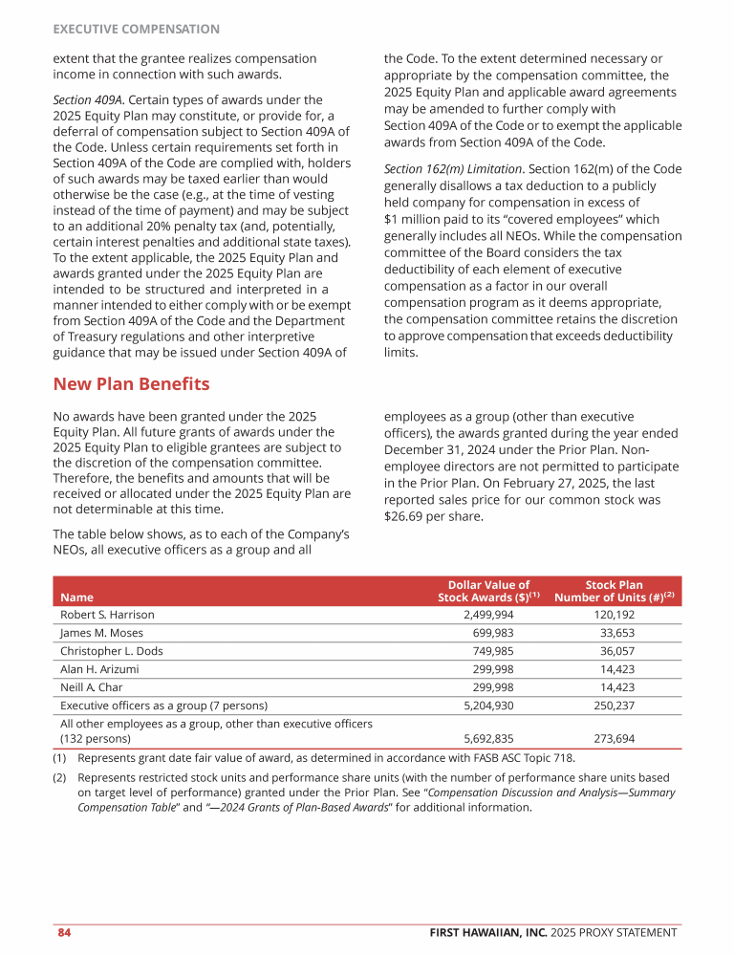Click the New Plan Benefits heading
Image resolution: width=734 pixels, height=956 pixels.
coord(131,384)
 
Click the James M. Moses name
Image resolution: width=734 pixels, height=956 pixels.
coord(100,633)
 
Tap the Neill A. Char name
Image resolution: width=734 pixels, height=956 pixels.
coord(91,687)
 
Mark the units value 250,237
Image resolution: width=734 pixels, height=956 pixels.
coord(612,706)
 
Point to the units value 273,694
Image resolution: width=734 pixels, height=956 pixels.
coord(612,739)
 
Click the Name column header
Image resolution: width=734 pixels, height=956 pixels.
coord(77,598)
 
